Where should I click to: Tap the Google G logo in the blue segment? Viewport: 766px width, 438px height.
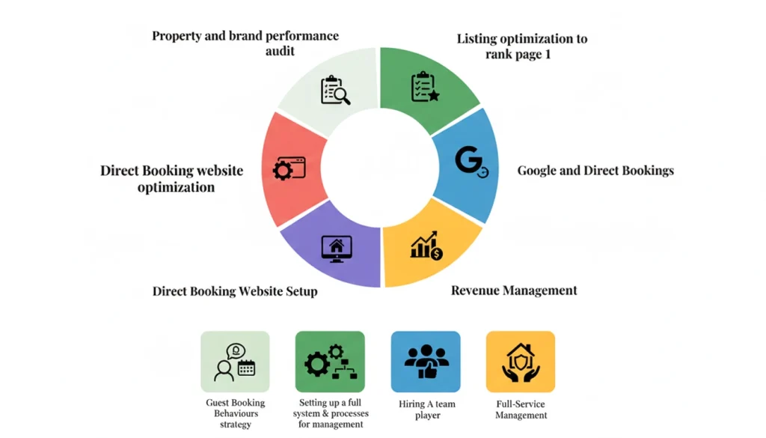471,162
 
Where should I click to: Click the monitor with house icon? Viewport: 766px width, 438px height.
336,248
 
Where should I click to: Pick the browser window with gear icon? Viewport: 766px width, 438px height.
289,168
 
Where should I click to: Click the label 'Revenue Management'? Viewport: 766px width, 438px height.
514,291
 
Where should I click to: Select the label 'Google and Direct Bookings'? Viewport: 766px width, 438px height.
595,171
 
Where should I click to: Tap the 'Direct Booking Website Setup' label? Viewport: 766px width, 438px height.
235,291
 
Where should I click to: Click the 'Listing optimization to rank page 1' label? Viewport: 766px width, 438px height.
522,46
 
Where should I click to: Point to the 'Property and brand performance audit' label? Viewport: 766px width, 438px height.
245,43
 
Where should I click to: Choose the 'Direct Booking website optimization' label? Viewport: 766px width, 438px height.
172,179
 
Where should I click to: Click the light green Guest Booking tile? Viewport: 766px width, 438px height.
235,362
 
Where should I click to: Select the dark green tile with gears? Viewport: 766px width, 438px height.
330,362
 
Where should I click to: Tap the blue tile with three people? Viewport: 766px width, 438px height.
426,362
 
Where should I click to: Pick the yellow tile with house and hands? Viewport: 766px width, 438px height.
521,362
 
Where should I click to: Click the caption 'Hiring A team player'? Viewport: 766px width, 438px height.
427,410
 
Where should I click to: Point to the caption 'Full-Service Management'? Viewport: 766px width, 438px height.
521,410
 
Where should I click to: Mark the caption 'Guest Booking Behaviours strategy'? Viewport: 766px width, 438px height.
236,414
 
